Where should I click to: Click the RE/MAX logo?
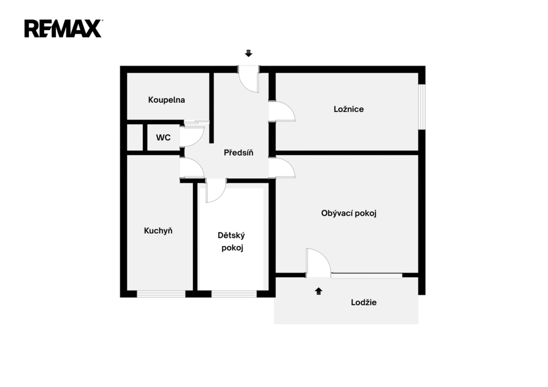point(63,28)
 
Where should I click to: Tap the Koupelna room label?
point(166,100)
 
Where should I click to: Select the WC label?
point(163,138)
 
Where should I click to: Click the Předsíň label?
point(238,153)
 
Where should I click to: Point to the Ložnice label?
point(348,109)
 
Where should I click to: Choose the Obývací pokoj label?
point(349,213)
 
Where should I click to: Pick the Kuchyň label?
point(158,231)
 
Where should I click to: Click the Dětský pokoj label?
point(231,241)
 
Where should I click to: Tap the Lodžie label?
point(363,302)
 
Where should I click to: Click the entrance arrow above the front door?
point(248,54)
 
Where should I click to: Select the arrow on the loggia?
point(319,291)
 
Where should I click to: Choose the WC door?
point(192,136)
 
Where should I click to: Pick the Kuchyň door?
point(192,168)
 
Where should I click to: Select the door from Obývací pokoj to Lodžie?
point(318,263)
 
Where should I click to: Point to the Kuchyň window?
point(161,293)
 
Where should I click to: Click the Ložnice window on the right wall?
point(422,107)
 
